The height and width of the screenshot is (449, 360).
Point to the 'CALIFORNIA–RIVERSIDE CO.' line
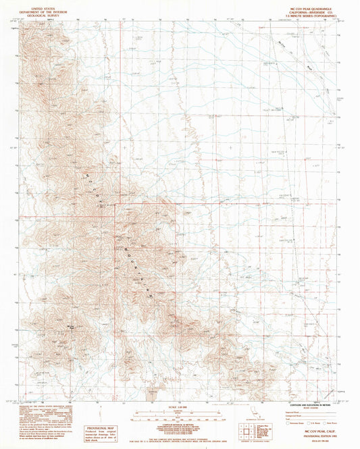pyautogui.click(x=309, y=10)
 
